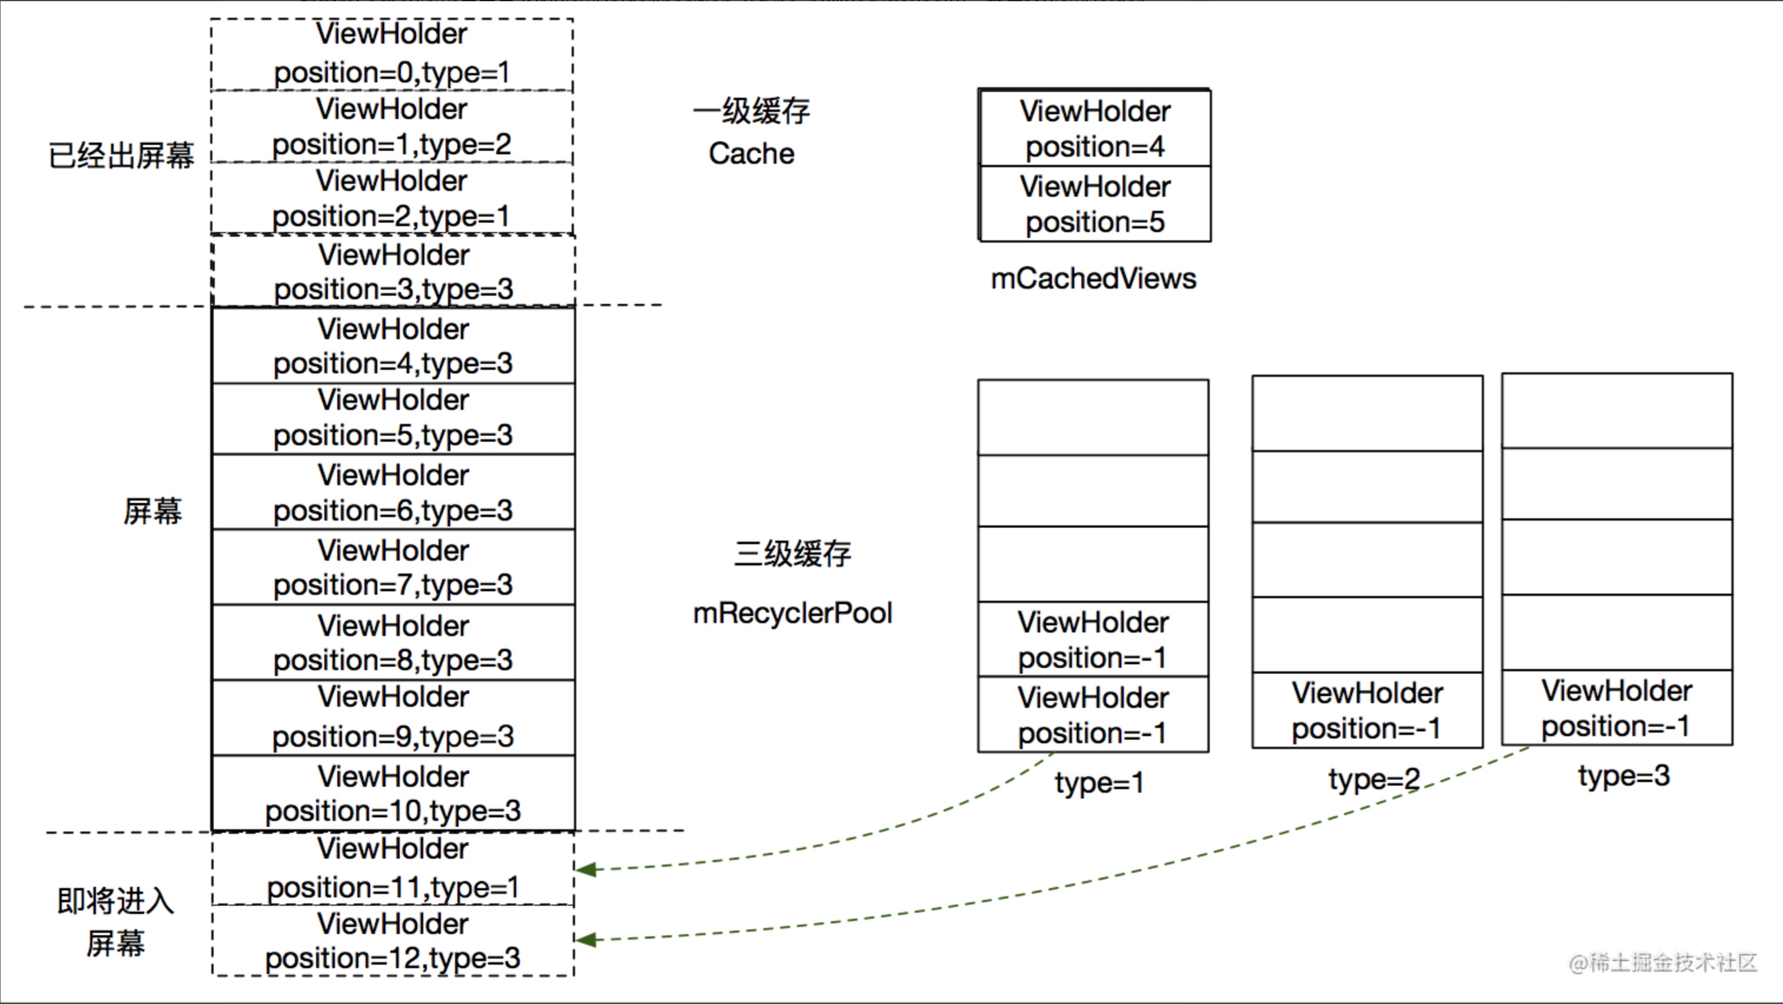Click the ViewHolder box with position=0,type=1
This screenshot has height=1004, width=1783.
tap(392, 54)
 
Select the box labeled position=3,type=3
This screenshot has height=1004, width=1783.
tap(393, 271)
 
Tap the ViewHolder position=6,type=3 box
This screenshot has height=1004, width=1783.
tap(393, 492)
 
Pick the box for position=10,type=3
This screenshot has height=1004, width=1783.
tap(393, 793)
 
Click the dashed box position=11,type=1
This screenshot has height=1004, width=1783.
tap(393, 869)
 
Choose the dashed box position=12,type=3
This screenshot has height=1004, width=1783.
tap(393, 941)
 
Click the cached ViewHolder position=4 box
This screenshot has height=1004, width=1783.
tap(1095, 129)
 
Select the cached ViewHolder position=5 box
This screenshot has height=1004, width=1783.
tap(1095, 204)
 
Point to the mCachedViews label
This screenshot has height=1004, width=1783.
tap(1093, 279)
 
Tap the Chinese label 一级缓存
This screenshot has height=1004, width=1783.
tap(752, 111)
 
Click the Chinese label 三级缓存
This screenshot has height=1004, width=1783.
tap(792, 554)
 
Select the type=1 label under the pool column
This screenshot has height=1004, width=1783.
tap(1099, 783)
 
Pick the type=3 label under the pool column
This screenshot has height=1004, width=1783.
tap(1624, 776)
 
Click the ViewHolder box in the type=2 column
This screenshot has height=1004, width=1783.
tap(1367, 710)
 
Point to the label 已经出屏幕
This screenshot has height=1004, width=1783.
tap(121, 155)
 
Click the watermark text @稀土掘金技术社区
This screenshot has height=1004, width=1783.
tap(1662, 962)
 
